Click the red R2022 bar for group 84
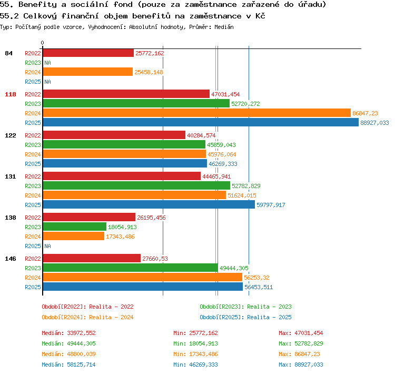click(x=88, y=53)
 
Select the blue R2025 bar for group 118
click(x=201, y=123)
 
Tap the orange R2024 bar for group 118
click(x=197, y=113)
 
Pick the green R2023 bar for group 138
click(x=75, y=227)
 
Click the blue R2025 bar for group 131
click(x=149, y=204)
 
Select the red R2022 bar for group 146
click(x=92, y=258)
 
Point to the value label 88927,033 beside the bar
click(x=374, y=123)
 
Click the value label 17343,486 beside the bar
click(x=120, y=237)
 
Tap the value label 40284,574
click(x=201, y=135)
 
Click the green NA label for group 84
click(x=47, y=63)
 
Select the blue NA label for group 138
click(x=47, y=246)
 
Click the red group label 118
click(x=11, y=94)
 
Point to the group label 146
click(x=11, y=259)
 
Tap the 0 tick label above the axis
click(x=42, y=43)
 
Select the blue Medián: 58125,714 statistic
click(x=69, y=365)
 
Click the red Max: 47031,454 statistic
click(x=301, y=333)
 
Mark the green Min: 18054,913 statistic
click(x=195, y=343)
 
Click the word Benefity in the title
click(x=38, y=4)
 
